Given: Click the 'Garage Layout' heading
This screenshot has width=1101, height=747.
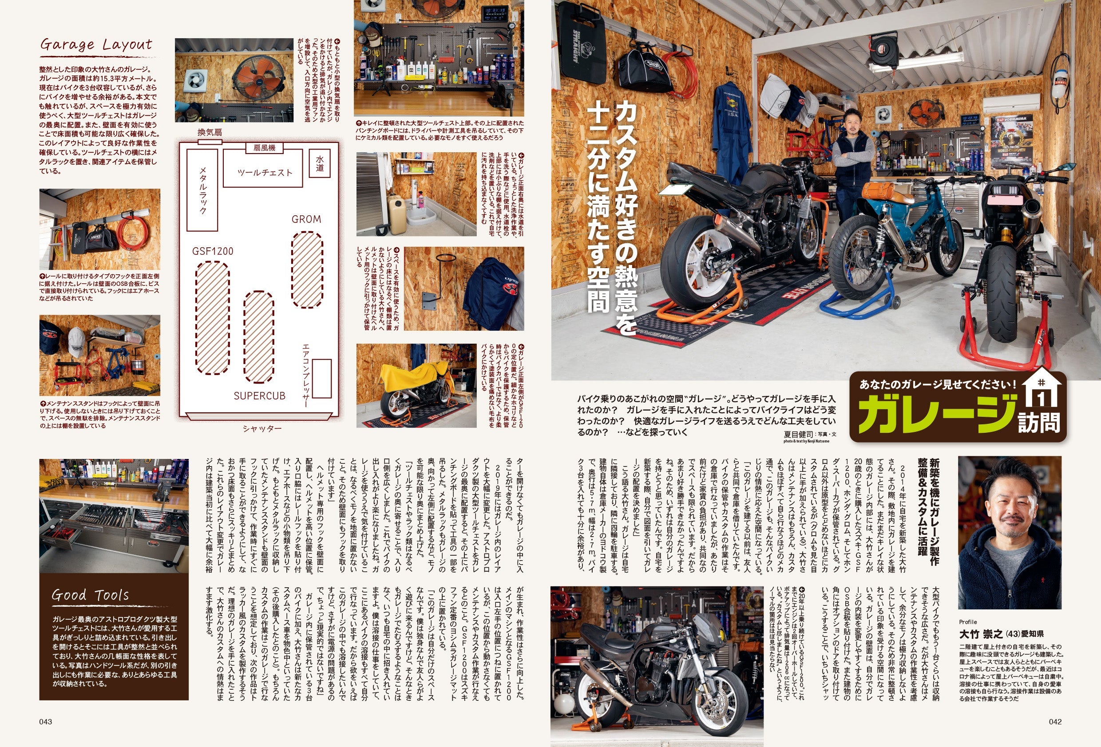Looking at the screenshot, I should pos(96,45).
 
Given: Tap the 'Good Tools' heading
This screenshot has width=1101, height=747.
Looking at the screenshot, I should pos(90,595).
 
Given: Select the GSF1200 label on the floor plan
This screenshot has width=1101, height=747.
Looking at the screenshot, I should pos(213,251).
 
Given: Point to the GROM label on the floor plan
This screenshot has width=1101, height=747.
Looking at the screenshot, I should pos(306,219).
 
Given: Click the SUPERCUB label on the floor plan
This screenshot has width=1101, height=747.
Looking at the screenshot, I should pos(260,395).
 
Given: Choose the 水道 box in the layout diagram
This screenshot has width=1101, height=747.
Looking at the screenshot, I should pos(320,163).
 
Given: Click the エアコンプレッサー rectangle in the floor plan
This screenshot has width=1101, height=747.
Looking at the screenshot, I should pos(322,378).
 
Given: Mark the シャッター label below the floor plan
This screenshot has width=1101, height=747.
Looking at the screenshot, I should pos(262,429).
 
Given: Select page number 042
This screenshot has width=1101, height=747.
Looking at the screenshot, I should pos(1055,722).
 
